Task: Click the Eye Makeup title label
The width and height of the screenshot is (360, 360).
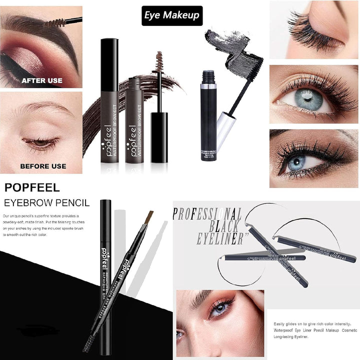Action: coord(171,15)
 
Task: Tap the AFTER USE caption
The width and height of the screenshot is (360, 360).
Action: coord(41,80)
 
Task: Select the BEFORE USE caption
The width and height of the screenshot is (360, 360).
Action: coord(43,166)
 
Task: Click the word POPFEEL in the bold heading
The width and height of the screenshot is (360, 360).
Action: coord(32,188)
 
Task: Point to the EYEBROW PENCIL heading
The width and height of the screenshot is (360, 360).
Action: coord(46,203)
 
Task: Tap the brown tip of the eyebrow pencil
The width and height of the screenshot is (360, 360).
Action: coord(148,217)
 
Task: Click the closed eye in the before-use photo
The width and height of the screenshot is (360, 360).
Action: coord(40,142)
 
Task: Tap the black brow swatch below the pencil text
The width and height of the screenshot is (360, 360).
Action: coord(38,329)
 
